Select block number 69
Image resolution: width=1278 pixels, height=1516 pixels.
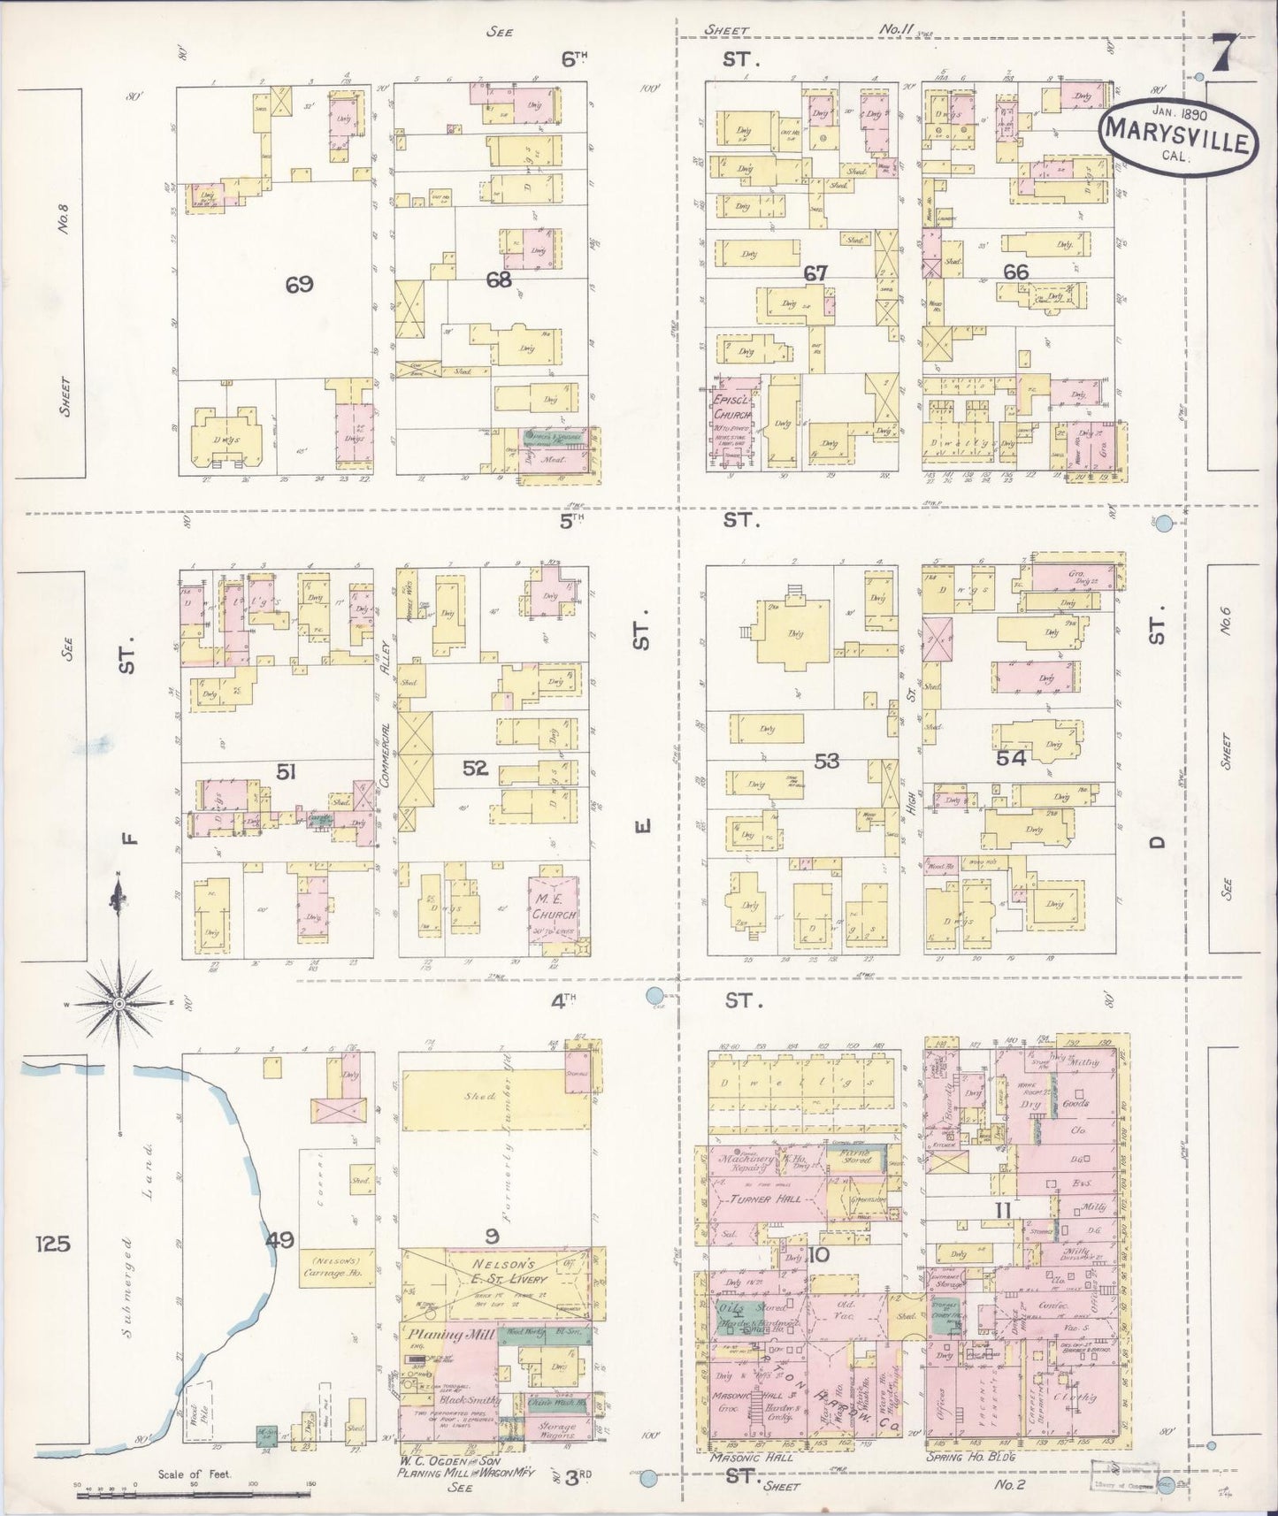300,285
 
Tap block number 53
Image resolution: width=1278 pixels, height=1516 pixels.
826,760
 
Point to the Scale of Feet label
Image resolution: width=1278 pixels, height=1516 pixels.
189,1474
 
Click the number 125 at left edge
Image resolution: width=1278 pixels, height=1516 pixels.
52,1244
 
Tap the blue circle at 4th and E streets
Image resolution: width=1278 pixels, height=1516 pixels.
654,998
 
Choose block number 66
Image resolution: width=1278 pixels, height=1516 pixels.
1015,272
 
